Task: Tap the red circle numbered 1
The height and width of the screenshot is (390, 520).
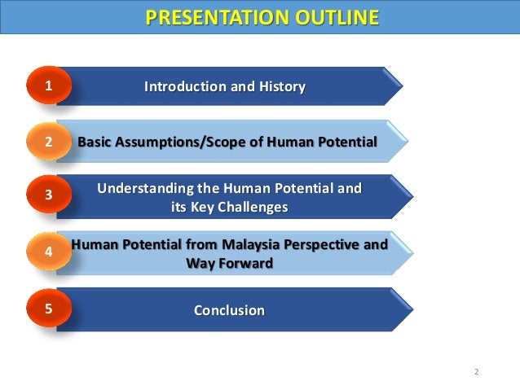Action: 49,85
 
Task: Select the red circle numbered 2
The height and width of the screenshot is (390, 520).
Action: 49,142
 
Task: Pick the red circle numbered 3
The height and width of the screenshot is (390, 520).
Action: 49,195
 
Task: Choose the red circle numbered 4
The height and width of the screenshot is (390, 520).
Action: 49,252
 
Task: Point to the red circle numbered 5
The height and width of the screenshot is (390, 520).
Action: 49,309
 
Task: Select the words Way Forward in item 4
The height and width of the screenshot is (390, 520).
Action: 229,263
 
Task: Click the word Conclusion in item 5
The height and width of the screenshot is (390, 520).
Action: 229,310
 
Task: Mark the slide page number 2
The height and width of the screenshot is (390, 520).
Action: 476,372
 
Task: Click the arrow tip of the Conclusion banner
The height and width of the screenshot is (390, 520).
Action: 410,309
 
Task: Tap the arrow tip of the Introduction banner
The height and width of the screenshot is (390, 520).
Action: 400,85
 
